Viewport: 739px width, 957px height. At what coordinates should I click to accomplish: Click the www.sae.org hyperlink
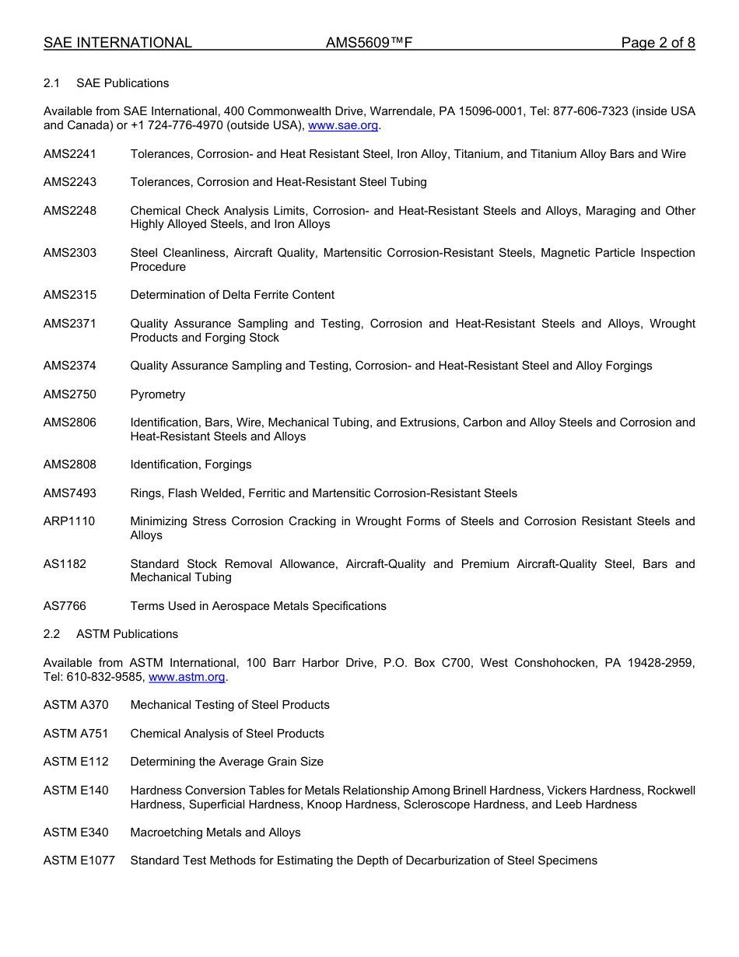tap(343, 125)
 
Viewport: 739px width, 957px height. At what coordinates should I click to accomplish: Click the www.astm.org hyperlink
tap(187, 677)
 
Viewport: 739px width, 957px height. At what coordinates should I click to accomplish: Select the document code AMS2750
tap(70, 394)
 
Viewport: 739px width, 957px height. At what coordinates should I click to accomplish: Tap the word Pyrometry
tap(158, 394)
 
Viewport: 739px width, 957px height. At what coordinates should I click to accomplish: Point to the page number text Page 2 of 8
tap(657, 43)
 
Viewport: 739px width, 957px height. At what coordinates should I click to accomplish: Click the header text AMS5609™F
tap(369, 43)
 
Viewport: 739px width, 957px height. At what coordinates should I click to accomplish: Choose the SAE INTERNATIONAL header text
tap(117, 43)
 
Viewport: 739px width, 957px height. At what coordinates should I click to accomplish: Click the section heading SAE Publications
tap(122, 83)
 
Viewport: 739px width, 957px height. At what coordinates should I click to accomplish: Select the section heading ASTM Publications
tap(127, 634)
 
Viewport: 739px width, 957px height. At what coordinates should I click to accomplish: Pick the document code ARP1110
tap(69, 521)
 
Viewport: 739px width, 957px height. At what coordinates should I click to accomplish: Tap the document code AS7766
tap(65, 606)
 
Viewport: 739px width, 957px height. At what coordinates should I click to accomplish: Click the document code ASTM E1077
tap(79, 861)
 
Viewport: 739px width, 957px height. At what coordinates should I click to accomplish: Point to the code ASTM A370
tap(76, 705)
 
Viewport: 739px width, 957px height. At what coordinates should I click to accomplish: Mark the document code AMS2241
tap(70, 154)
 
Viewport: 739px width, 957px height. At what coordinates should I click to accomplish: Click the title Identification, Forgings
tap(191, 464)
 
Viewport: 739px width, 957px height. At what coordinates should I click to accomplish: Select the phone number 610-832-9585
tap(105, 677)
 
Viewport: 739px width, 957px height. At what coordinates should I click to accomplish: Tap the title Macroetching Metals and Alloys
tap(215, 833)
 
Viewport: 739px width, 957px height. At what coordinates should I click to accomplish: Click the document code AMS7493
tap(70, 493)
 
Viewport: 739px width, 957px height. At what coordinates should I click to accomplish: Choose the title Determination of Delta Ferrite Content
tap(232, 295)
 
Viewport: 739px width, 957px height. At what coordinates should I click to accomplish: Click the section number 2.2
tap(51, 634)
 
